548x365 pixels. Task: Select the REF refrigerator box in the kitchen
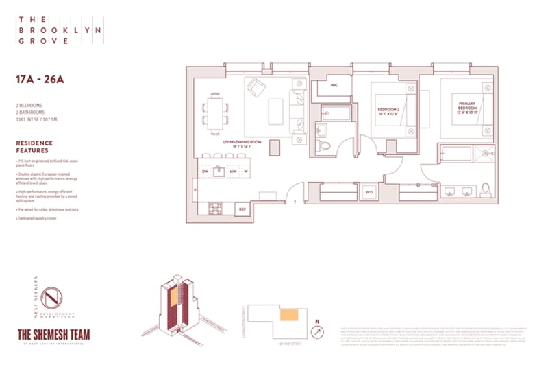click(x=242, y=209)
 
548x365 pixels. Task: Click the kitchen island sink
click(x=219, y=171)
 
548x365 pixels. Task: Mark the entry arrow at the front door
click(x=295, y=202)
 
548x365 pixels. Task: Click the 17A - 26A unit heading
click(x=40, y=78)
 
